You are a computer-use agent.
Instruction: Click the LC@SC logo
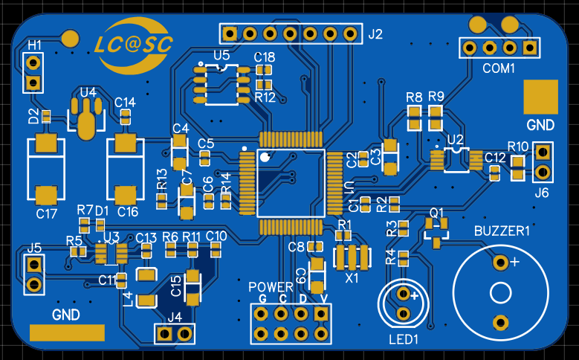pyautogui.click(x=134, y=45)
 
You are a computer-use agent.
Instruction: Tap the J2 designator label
pyautogui.click(x=375, y=33)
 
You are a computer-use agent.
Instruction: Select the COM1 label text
pyautogui.click(x=498, y=68)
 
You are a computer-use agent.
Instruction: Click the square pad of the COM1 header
pyautogui.click(x=529, y=48)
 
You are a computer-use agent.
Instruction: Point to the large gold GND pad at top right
pyautogui.click(x=540, y=97)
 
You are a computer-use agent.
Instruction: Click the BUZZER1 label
pyautogui.click(x=502, y=231)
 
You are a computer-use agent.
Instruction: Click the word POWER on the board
pyautogui.click(x=271, y=286)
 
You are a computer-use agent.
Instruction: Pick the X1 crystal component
pyautogui.click(x=352, y=257)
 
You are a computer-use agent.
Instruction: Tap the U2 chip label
pyautogui.click(x=456, y=139)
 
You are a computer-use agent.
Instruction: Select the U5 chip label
pyautogui.click(x=221, y=55)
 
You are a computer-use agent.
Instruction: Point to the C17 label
pyautogui.click(x=47, y=213)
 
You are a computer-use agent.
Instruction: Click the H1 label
pyautogui.click(x=34, y=45)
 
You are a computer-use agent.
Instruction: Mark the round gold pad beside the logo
pyautogui.click(x=71, y=37)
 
